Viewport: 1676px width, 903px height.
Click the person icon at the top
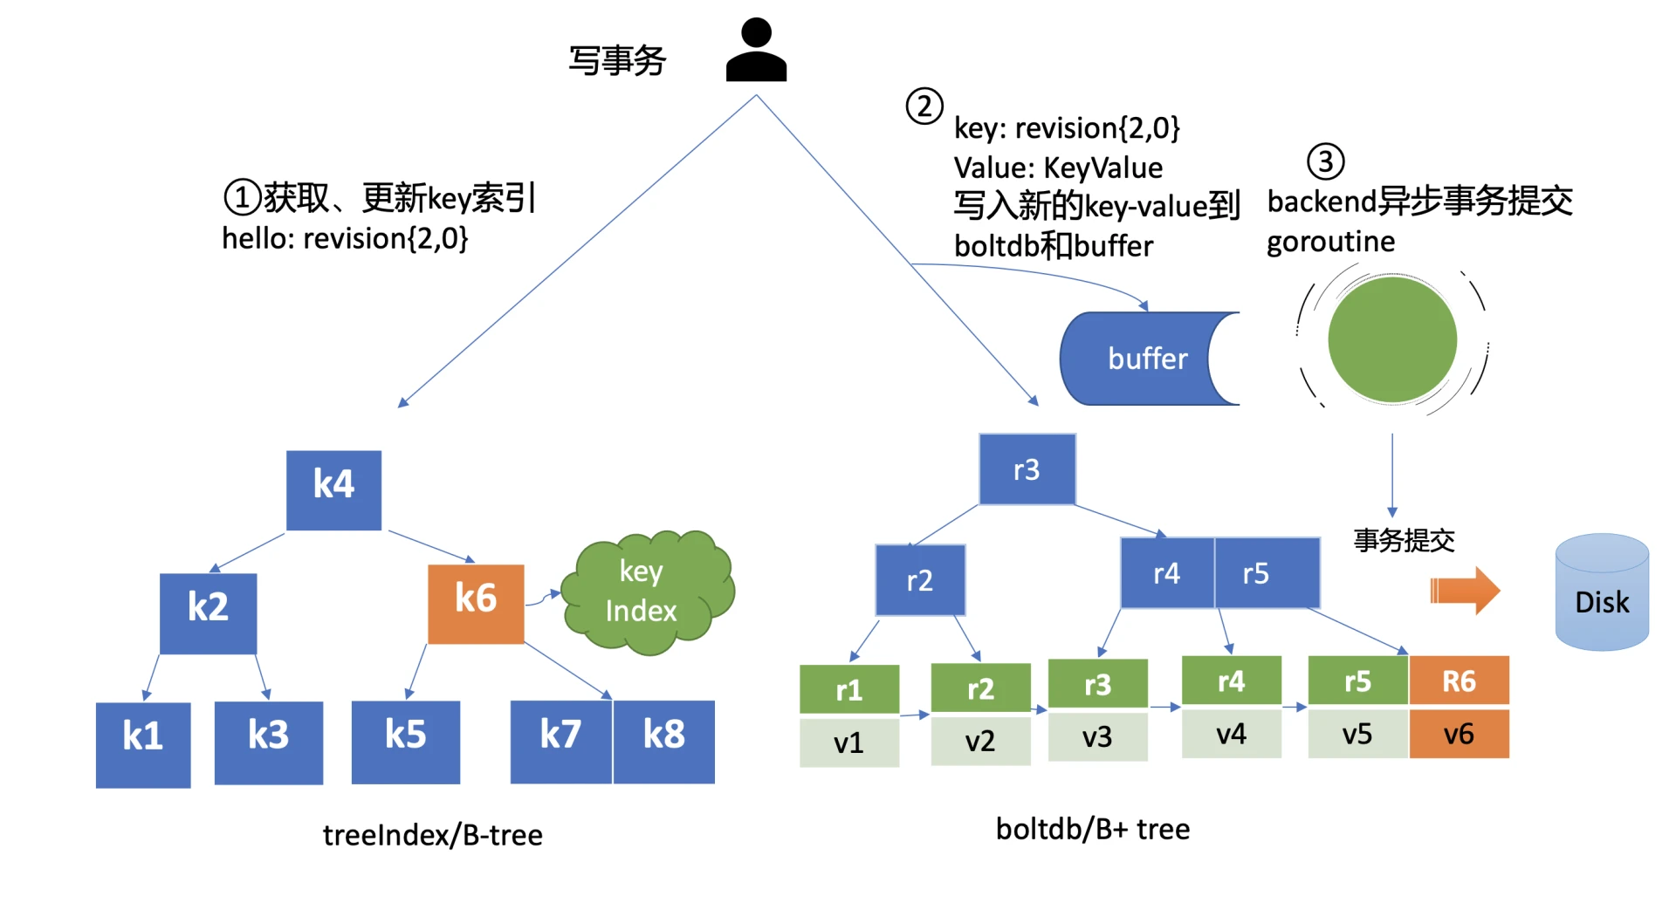click(x=756, y=51)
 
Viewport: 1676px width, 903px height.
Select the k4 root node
click(x=333, y=489)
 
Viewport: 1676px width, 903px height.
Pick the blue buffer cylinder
click(x=1144, y=359)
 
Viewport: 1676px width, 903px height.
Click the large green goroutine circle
click(x=1391, y=339)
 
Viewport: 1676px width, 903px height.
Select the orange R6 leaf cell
click(x=1459, y=681)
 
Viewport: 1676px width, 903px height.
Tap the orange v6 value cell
click(x=1459, y=734)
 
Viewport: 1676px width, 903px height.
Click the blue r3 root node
click(x=1027, y=469)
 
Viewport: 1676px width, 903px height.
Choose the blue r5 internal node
click(x=1267, y=573)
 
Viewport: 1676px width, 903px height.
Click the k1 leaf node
click(x=143, y=744)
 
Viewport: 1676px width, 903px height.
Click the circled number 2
click(x=924, y=106)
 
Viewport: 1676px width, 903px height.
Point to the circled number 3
click(x=1325, y=161)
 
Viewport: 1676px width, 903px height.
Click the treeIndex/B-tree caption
click(x=432, y=835)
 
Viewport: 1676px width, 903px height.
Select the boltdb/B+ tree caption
click(x=1092, y=829)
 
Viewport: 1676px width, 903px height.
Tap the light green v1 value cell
click(x=848, y=742)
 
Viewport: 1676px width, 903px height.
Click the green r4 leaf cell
click(x=1231, y=681)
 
